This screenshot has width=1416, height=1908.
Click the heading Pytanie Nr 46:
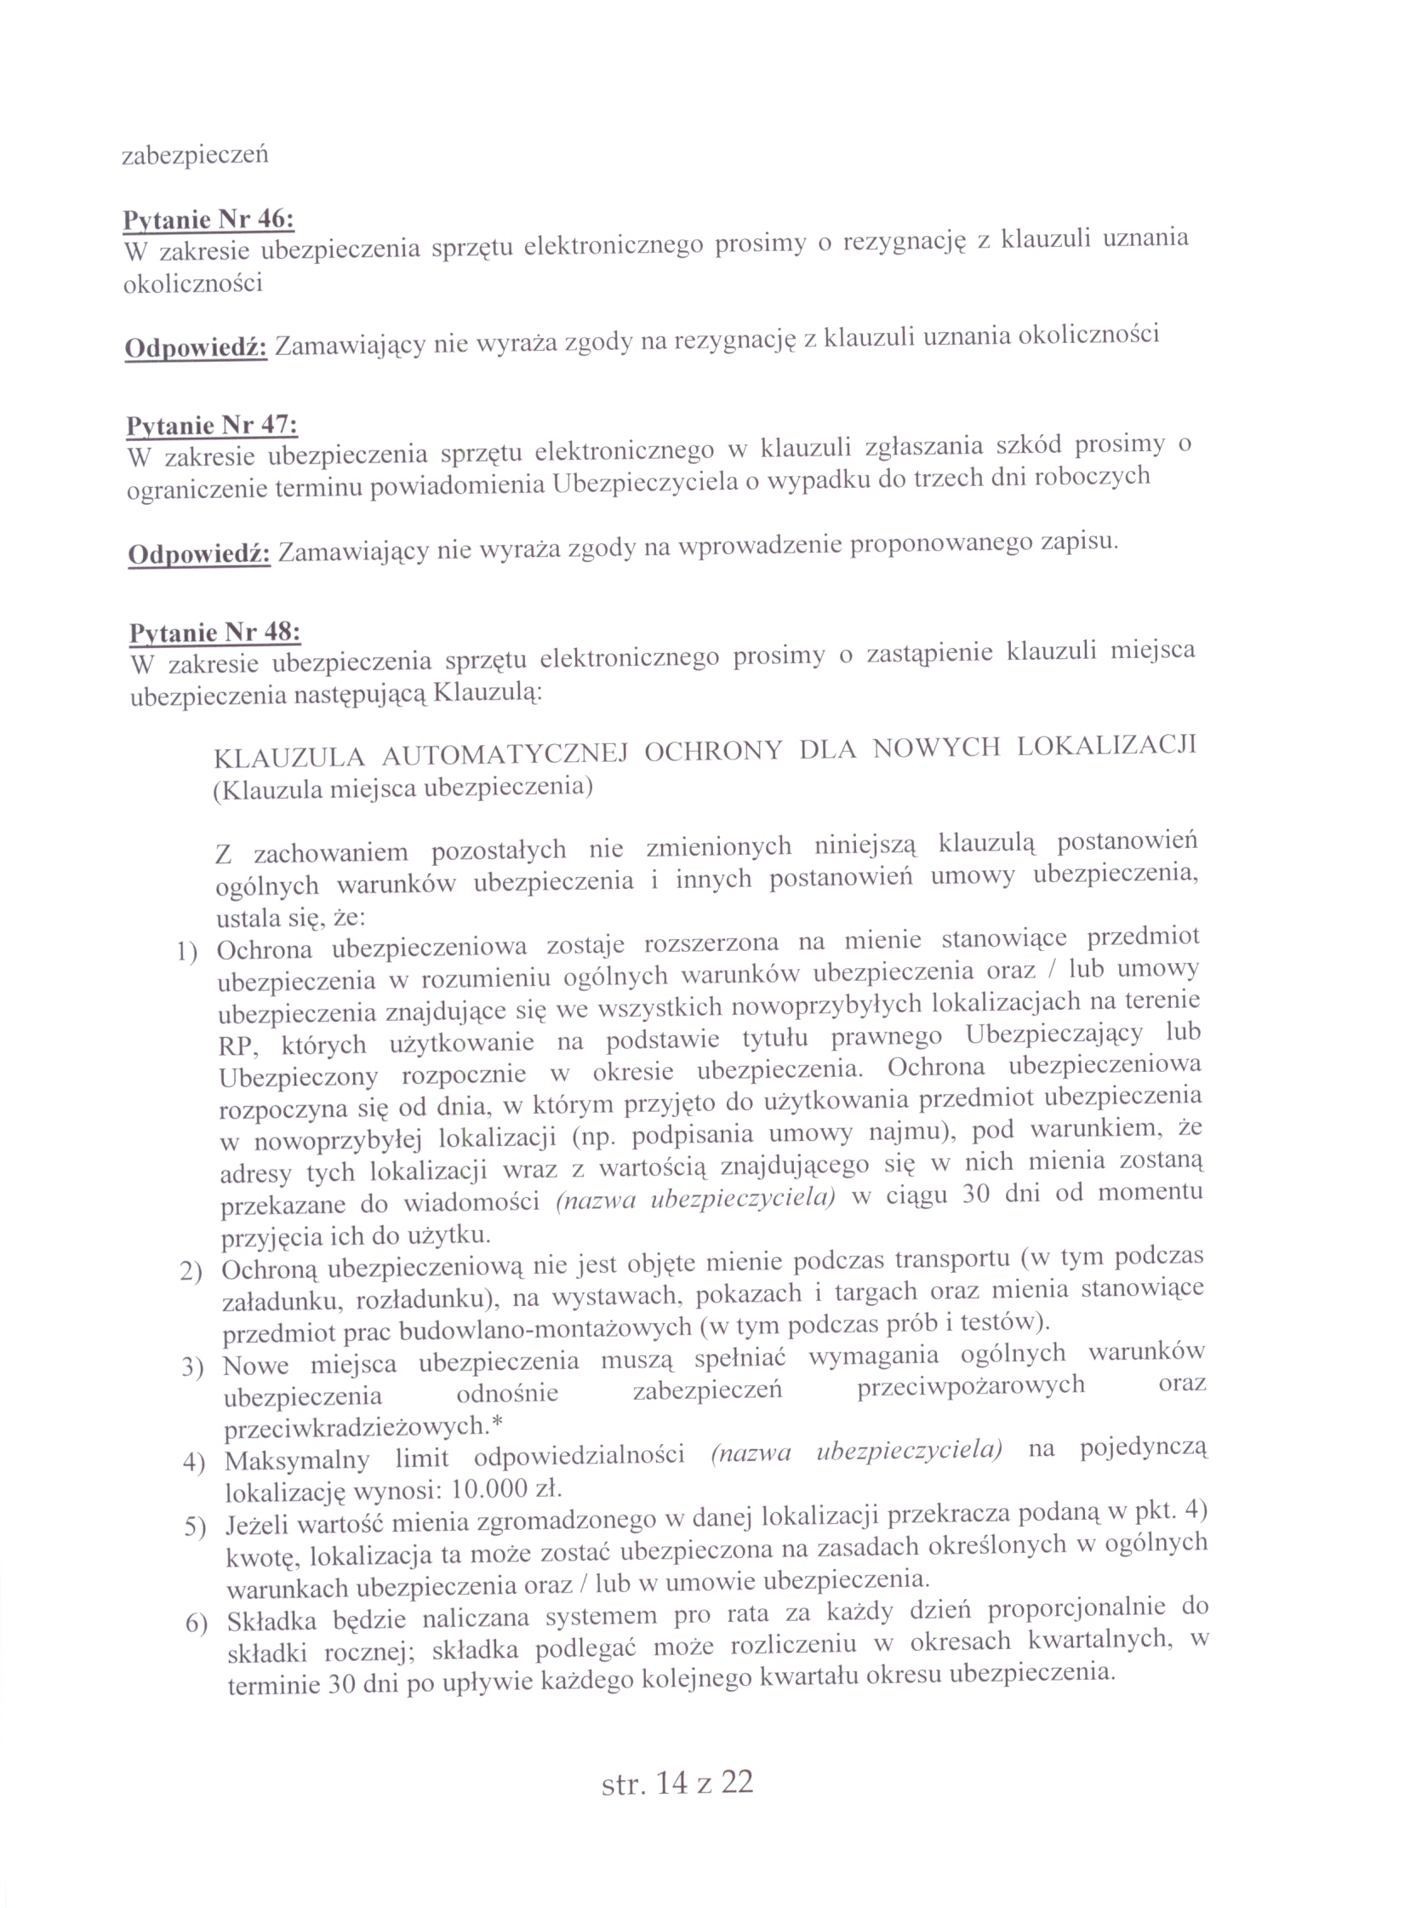(x=208, y=220)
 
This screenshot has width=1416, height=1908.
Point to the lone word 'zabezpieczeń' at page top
(x=196, y=155)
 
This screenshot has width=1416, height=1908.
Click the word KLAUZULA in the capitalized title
(x=288, y=758)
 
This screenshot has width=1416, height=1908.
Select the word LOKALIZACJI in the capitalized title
(x=1105, y=745)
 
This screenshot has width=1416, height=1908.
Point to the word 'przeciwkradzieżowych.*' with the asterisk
(x=363, y=1427)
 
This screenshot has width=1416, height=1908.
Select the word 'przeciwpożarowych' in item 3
(x=970, y=1386)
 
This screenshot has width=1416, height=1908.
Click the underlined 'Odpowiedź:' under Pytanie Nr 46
(x=197, y=348)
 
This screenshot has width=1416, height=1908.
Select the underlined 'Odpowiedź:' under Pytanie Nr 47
(x=200, y=554)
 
